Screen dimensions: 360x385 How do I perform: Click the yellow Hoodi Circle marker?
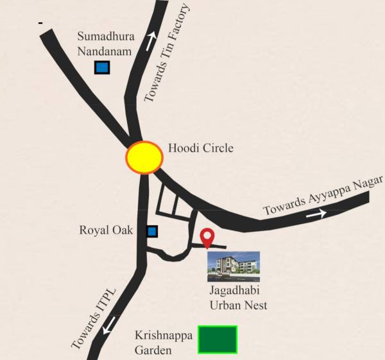pos(144,157)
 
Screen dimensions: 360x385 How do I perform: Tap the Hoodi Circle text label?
pos(200,148)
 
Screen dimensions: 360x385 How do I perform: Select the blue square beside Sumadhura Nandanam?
pos(101,67)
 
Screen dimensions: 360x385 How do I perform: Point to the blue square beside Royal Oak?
pos(153,230)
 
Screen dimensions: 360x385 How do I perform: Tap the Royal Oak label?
pos(106,230)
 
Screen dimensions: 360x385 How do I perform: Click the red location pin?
pos(207,237)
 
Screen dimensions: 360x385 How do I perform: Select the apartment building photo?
pos(233,266)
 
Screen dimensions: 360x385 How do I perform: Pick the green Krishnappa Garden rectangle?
pos(217,339)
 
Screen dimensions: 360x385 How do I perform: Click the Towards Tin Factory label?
pos(167,54)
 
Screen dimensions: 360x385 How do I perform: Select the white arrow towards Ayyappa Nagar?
pos(315,214)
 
